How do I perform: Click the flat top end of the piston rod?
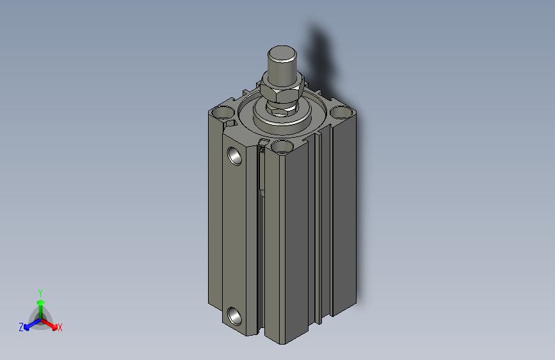281,51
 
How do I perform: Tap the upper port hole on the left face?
235,155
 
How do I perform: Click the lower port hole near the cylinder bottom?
234,316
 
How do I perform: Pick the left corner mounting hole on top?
222,113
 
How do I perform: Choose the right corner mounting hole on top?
341,113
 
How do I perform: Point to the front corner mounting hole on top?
282,147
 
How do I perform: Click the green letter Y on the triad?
40,291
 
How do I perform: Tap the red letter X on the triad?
60,328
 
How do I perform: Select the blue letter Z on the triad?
21,327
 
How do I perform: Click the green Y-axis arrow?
40,304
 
